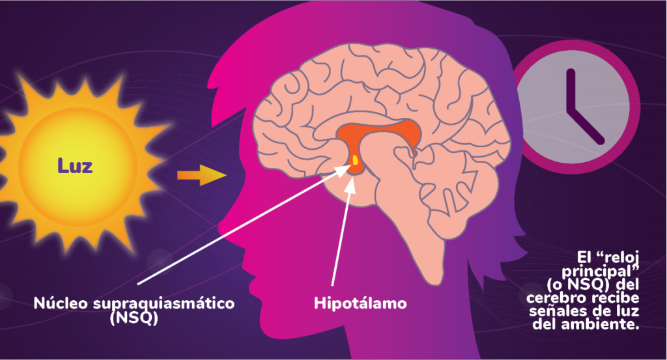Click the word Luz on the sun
(x=75, y=166)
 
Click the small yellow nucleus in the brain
(x=355, y=159)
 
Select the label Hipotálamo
(x=360, y=303)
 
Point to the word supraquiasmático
(x=163, y=303)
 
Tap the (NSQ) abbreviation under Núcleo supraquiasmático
(x=134, y=318)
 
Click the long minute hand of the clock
(x=571, y=91)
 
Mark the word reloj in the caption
(x=619, y=258)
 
